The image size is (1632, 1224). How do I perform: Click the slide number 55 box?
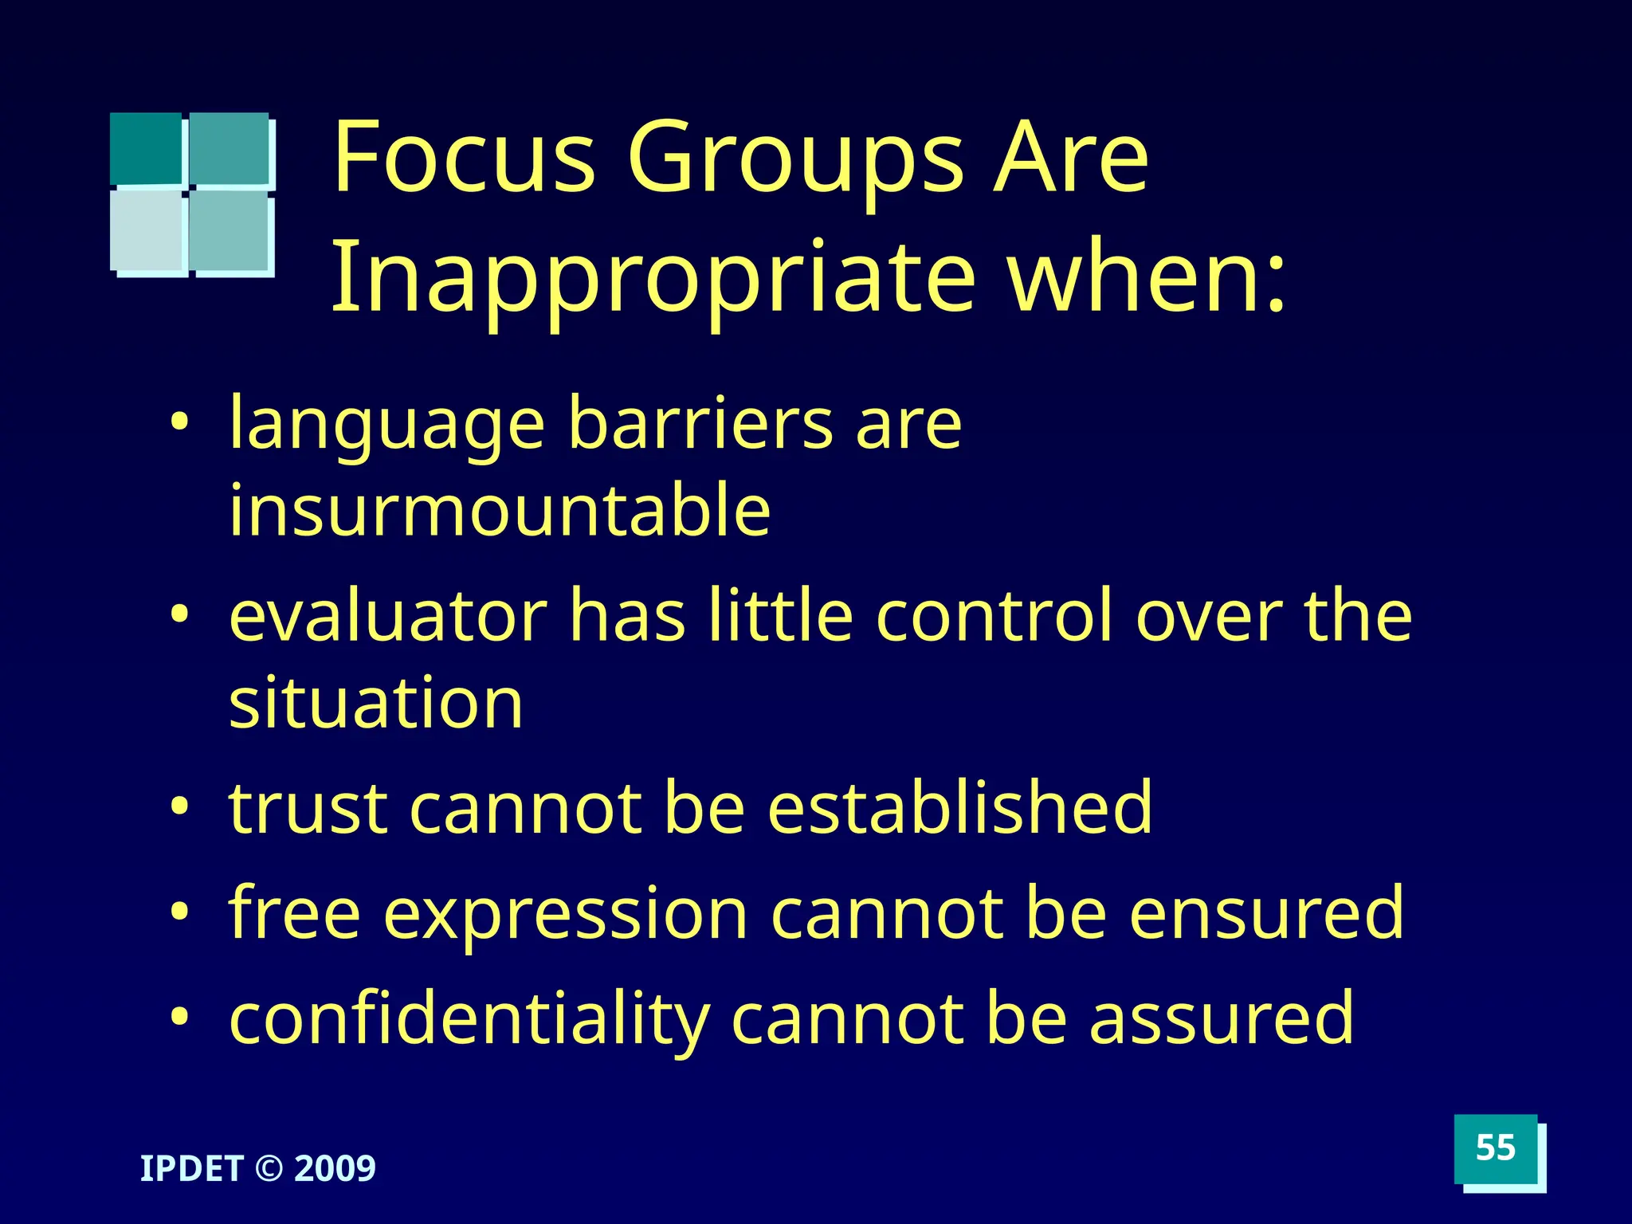1495,1148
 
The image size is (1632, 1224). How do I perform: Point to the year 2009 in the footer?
335,1168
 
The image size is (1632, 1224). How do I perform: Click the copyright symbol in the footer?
269,1169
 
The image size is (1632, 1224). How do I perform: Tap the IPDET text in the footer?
191,1168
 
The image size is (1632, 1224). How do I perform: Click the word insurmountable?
500,510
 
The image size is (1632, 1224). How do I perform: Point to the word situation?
375,703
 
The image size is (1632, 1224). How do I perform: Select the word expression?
566,913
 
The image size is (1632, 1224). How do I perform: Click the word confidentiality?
469,1020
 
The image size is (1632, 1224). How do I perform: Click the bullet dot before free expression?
180,910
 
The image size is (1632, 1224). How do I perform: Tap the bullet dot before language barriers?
180,420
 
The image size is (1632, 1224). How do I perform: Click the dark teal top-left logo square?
146,148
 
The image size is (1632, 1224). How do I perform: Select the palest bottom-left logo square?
147,230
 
